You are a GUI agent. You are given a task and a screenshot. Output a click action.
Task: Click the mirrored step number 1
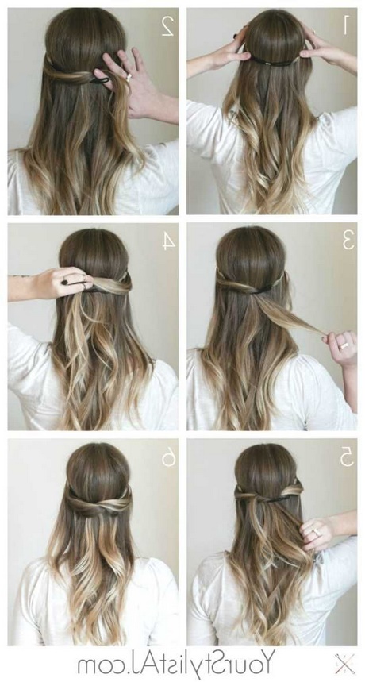346,25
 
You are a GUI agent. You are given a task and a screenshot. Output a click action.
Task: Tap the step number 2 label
167,26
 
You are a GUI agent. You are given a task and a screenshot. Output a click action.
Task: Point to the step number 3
348,240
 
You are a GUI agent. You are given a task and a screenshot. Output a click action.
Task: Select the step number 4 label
168,241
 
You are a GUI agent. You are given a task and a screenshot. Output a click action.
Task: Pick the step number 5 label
347,457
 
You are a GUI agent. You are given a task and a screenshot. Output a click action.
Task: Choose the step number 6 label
168,457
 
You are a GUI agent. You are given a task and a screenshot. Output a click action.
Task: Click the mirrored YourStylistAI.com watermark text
176,664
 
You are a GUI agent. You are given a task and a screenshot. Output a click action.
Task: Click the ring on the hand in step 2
129,78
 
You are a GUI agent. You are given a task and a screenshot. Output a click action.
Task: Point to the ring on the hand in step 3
344,346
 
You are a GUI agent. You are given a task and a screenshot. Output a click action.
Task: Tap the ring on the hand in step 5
316,531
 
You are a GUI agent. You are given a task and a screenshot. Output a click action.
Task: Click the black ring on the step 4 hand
64,282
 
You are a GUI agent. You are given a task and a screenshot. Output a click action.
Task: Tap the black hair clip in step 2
100,80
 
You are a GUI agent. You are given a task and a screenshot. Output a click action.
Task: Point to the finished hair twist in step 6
99,503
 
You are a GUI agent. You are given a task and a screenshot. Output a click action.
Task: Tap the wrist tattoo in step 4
21,275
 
